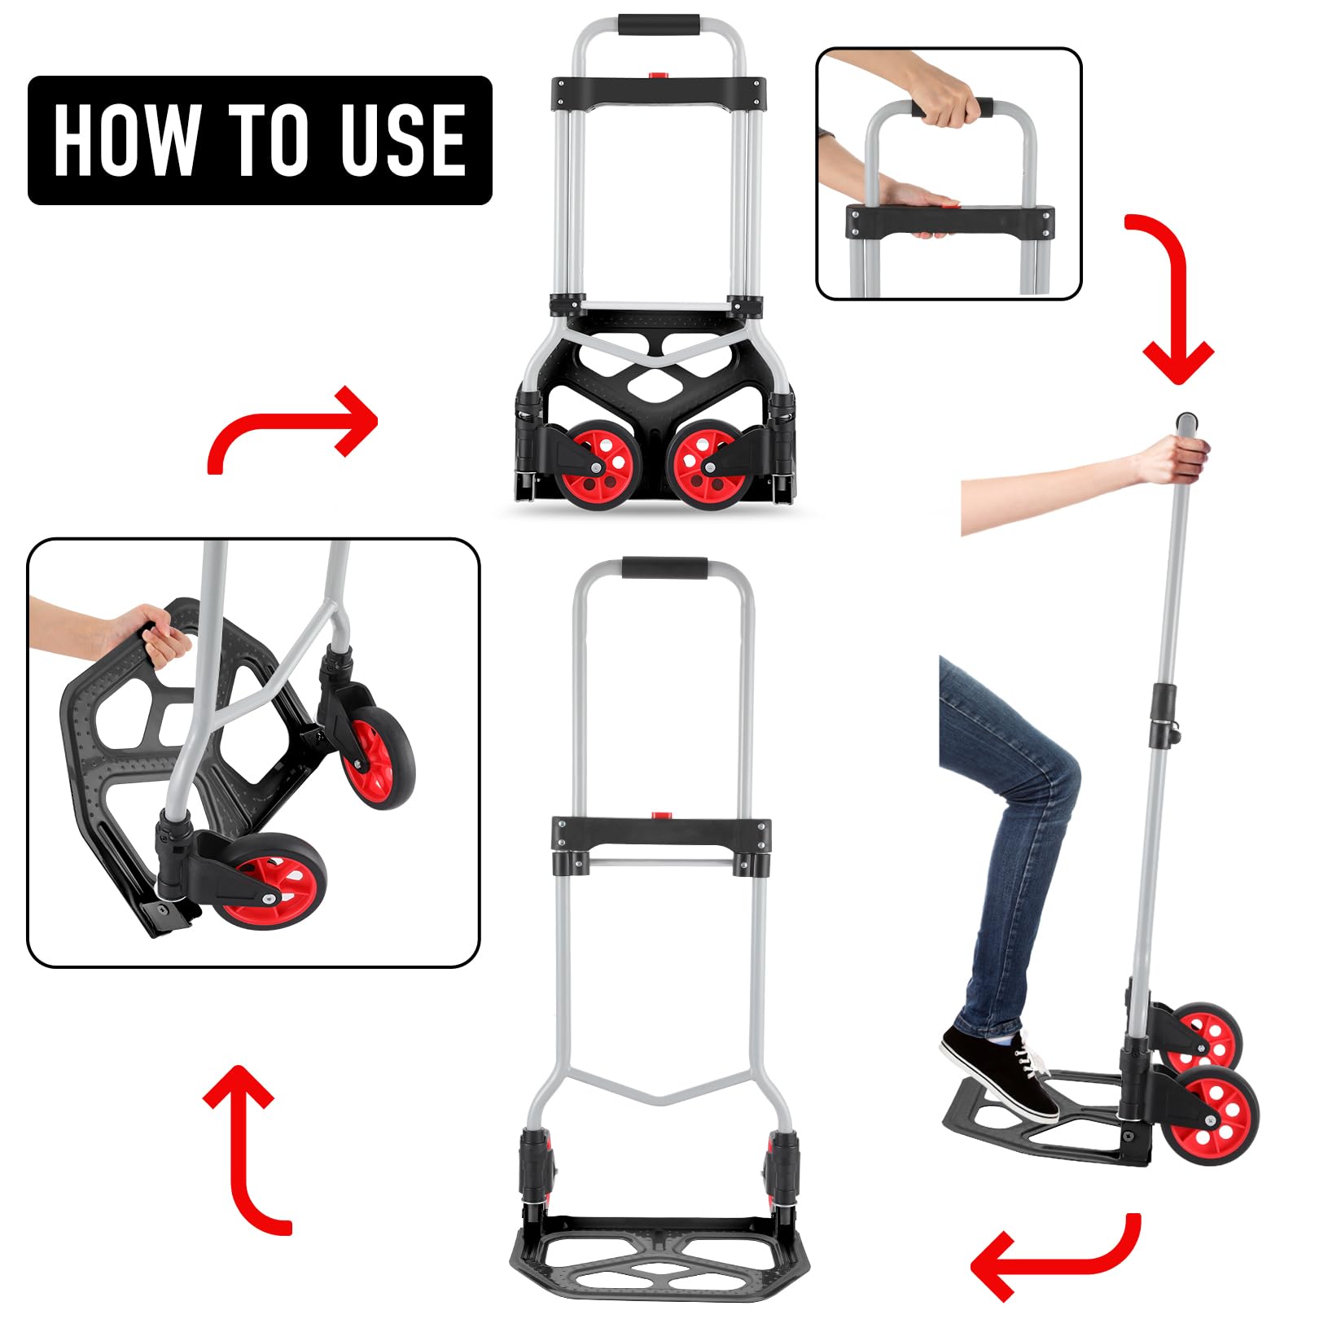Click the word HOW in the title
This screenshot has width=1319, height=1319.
pos(125,139)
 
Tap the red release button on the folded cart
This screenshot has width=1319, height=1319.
pos(658,76)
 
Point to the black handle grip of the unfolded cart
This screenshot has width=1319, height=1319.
pos(664,567)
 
